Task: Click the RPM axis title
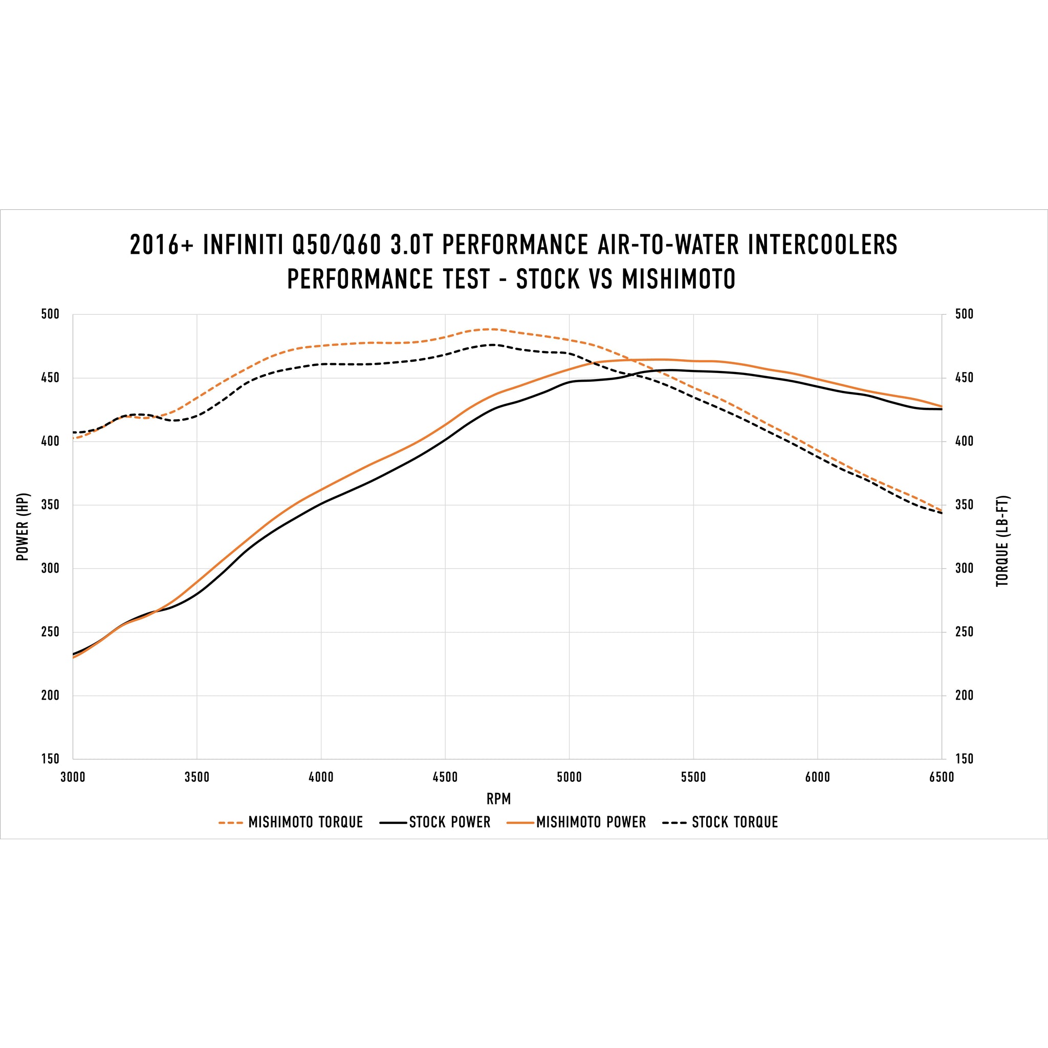(x=498, y=799)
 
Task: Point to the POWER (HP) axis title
(x=22, y=527)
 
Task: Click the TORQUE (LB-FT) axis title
(x=1002, y=541)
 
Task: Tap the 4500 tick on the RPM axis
(x=445, y=777)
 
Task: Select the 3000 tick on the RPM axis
(x=73, y=777)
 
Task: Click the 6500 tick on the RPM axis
(x=941, y=777)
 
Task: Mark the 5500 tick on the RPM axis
(x=693, y=777)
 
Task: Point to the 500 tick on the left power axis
(x=50, y=315)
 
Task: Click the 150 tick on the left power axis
(x=50, y=759)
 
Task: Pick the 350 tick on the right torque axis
(x=964, y=505)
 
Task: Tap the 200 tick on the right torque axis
(x=964, y=695)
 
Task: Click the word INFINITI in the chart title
(x=243, y=245)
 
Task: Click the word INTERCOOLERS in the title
(x=822, y=245)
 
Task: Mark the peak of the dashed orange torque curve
(x=491, y=329)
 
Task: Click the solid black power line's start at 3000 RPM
(x=73, y=654)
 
